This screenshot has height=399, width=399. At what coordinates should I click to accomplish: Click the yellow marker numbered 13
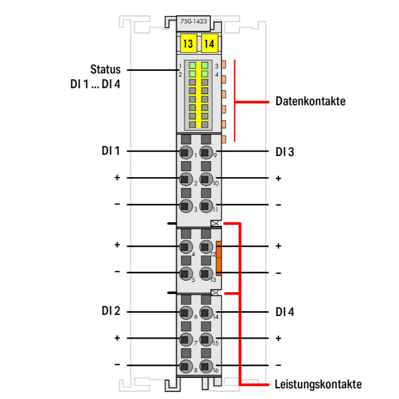tap(188, 44)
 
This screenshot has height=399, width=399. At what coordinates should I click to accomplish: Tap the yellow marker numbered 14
tap(209, 44)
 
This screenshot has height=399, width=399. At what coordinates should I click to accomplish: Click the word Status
tap(105, 70)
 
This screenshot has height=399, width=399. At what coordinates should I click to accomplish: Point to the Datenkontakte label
tap(310, 101)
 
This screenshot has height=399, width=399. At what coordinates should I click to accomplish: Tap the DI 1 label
tap(111, 151)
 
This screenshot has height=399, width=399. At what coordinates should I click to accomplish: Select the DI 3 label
tap(285, 152)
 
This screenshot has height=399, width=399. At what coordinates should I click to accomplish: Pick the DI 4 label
tap(285, 312)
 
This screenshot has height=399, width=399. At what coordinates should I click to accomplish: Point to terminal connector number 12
tap(206, 246)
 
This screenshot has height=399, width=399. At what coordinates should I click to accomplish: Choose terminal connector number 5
tap(186, 273)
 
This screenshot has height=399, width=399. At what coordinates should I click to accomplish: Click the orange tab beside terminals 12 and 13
tap(219, 259)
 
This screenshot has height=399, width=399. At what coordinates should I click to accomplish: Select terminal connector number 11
tap(206, 205)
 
